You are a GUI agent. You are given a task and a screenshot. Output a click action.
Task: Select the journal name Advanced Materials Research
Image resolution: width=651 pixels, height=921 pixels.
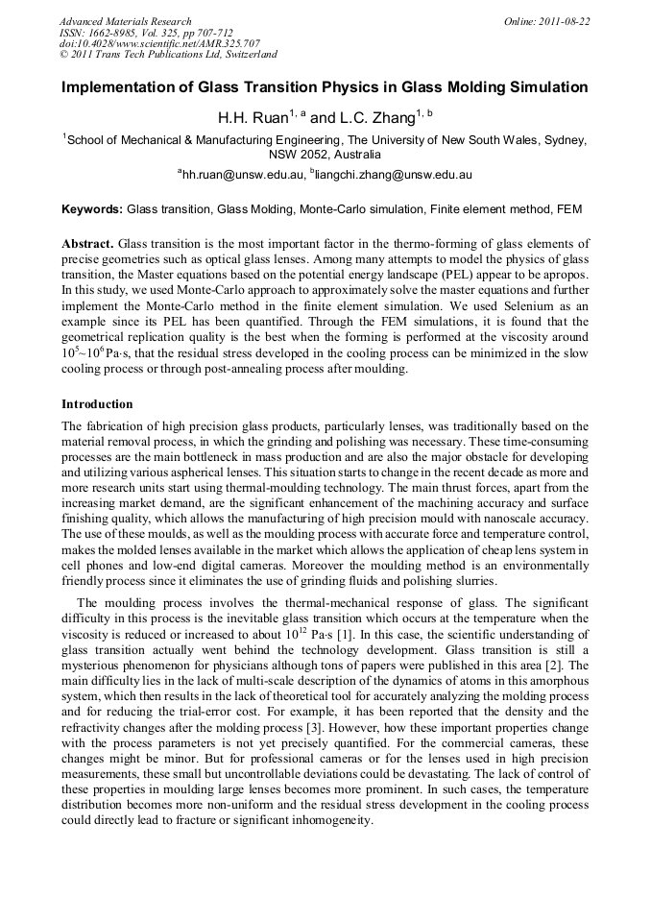pos(126,21)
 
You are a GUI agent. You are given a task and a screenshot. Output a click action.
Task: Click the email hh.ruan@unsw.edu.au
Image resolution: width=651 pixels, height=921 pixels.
pos(242,175)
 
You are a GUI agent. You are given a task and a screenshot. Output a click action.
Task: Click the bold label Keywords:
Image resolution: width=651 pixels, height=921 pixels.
pos(92,208)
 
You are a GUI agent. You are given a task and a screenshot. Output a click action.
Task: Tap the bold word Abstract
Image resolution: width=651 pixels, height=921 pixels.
pos(87,244)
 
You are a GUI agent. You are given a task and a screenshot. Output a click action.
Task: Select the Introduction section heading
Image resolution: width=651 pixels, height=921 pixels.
pos(97,404)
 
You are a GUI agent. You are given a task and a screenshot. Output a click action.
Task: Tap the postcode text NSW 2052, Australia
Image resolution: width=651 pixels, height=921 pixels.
pos(325,154)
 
